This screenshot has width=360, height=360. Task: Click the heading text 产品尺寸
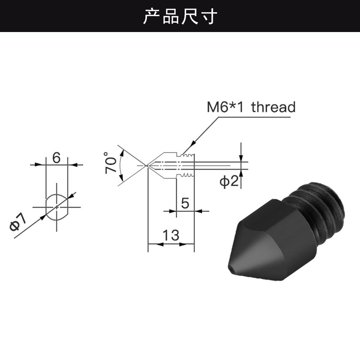(x=180, y=16)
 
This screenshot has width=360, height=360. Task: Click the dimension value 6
(x=57, y=158)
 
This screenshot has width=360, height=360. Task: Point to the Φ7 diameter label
(x=18, y=221)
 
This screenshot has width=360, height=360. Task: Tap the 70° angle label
(x=110, y=163)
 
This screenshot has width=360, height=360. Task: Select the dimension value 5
(x=185, y=203)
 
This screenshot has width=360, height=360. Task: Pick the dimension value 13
(x=171, y=235)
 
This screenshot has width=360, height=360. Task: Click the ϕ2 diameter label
(x=229, y=181)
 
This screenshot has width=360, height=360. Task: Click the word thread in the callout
(x=273, y=107)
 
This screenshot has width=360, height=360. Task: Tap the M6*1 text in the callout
(x=225, y=107)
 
